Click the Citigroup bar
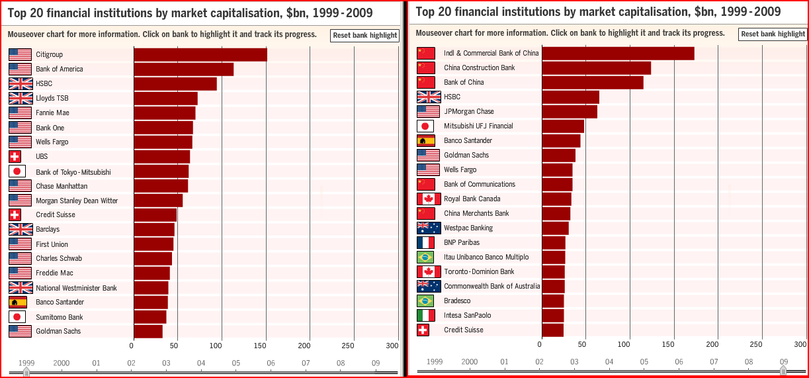(200, 55)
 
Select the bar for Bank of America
(183, 70)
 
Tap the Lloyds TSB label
(52, 99)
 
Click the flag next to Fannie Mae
(20, 113)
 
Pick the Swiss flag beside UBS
(15, 156)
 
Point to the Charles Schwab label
(60, 258)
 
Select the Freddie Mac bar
(151, 273)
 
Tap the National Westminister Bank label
(76, 288)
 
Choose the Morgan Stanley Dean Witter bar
(158, 201)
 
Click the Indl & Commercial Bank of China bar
(618, 54)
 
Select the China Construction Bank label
(479, 68)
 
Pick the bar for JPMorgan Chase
(570, 111)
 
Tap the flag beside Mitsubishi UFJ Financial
(425, 126)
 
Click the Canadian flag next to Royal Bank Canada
(429, 199)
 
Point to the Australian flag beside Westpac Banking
(429, 228)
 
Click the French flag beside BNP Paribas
(425, 242)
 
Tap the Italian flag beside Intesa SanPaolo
(425, 315)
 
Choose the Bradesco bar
(552, 301)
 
